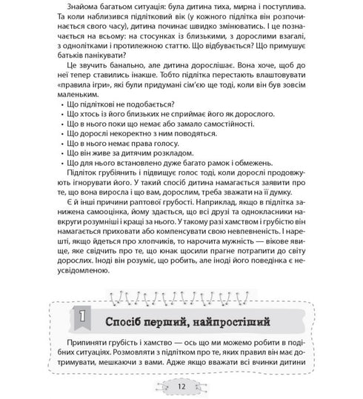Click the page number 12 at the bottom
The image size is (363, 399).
[x=181, y=385]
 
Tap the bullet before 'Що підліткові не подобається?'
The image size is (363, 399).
[x=59, y=128]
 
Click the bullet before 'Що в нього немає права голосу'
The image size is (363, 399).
[x=59, y=167]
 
